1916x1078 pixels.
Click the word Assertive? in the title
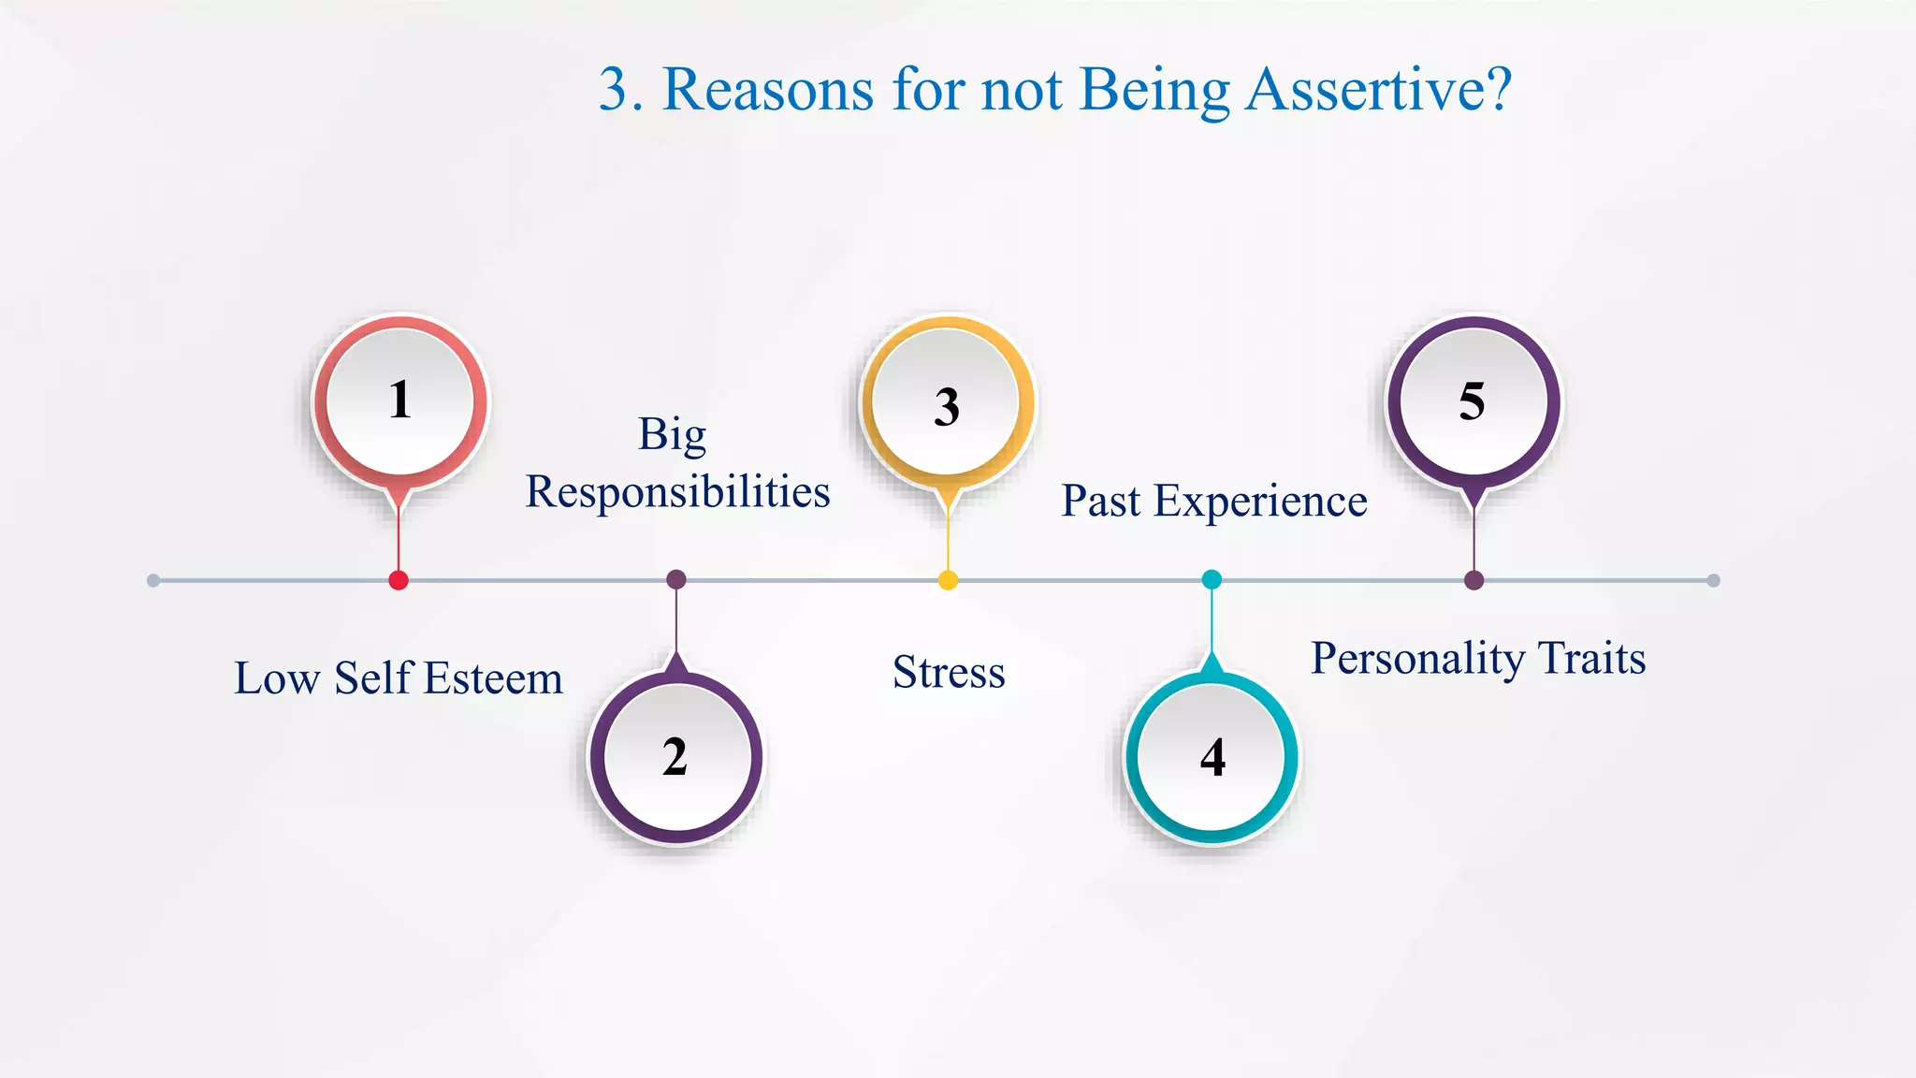pyautogui.click(x=1379, y=90)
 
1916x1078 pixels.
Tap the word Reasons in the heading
pyautogui.click(x=767, y=90)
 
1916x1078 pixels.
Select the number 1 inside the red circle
pyautogui.click(x=400, y=400)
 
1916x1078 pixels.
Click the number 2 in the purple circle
pyautogui.click(x=675, y=757)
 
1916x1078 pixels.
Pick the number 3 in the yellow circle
pyautogui.click(x=947, y=407)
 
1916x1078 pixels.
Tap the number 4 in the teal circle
pyautogui.click(x=1212, y=758)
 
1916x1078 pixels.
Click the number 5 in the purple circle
pyautogui.click(x=1472, y=401)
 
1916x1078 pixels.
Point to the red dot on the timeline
pyautogui.click(x=399, y=580)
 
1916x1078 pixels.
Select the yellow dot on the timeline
pyautogui.click(x=948, y=580)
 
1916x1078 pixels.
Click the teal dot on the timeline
pyautogui.click(x=1212, y=579)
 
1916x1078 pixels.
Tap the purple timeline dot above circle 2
pyautogui.click(x=676, y=579)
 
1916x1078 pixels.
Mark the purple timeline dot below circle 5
pyautogui.click(x=1474, y=580)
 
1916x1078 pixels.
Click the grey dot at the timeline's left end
pyautogui.click(x=153, y=581)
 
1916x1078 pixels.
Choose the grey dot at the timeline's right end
pyautogui.click(x=1713, y=581)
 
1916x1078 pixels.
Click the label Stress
pyautogui.click(x=949, y=672)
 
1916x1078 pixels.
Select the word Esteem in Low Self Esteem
pyautogui.click(x=493, y=678)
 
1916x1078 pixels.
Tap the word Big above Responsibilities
pyautogui.click(x=672, y=435)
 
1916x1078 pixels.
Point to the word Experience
pyautogui.click(x=1259, y=502)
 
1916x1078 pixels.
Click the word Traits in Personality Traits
pyautogui.click(x=1591, y=658)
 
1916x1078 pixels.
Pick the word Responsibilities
pyautogui.click(x=677, y=492)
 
